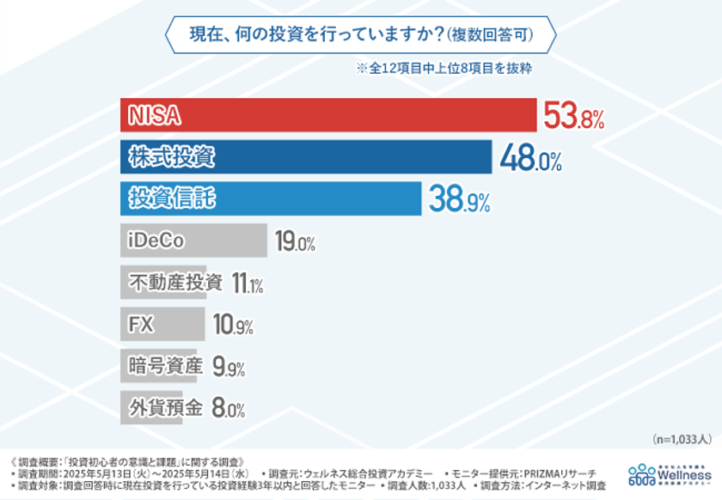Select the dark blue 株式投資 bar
click(305, 157)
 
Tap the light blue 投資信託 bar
click(270, 198)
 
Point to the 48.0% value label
click(530, 158)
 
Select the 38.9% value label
click(459, 200)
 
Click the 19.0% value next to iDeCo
click(295, 241)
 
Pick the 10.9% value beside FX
click(233, 325)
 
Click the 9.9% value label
click(228, 367)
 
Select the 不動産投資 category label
click(174, 282)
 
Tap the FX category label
click(140, 324)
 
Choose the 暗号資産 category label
click(163, 366)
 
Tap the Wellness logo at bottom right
click(670, 473)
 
